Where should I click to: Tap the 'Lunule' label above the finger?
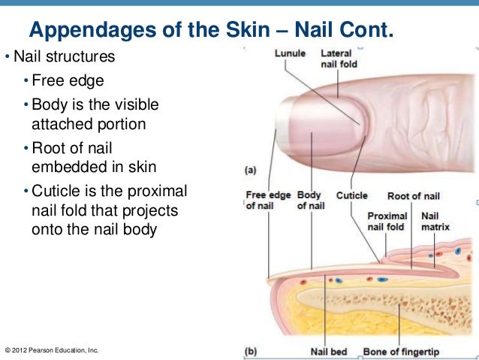pos(289,53)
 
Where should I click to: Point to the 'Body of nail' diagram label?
pos(310,201)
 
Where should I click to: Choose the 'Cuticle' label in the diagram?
pos(351,195)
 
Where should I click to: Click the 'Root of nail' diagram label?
pos(413,196)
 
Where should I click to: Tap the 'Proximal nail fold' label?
pos(386,221)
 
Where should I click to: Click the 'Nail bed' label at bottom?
pos(329,351)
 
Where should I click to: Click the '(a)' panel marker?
pos(252,171)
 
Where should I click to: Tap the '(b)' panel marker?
pos(252,350)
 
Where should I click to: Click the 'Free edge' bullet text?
pos(68,80)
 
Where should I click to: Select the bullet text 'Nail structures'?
pos(64,57)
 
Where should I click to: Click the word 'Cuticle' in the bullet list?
pos(56,188)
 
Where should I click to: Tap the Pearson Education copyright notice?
pos(52,351)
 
